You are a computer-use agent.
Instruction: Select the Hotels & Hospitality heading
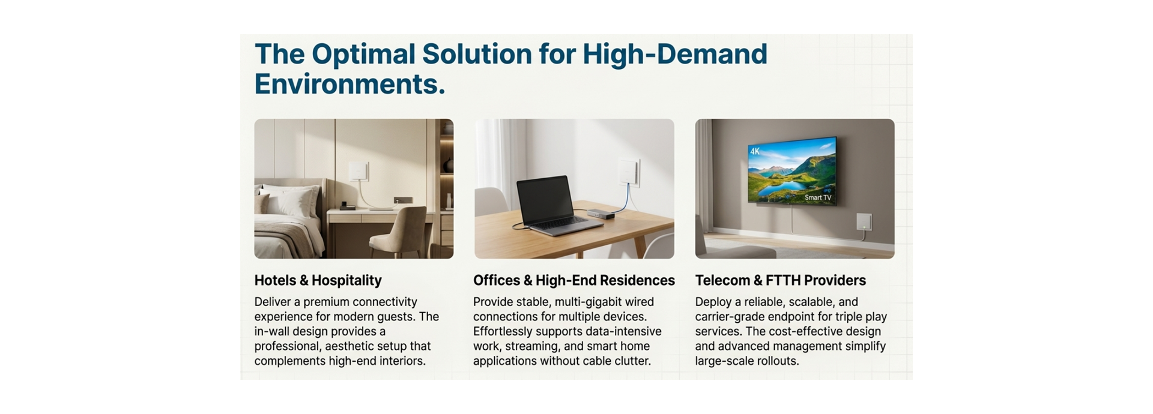pyautogui.click(x=318, y=280)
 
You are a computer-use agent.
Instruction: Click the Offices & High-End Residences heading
pyautogui.click(x=573, y=280)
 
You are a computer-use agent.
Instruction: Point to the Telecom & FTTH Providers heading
pyautogui.click(x=780, y=280)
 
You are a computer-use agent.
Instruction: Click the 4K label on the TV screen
pyautogui.click(x=755, y=152)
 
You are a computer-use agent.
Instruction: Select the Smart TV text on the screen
pyautogui.click(x=818, y=197)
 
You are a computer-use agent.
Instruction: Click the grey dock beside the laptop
pyautogui.click(x=601, y=214)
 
